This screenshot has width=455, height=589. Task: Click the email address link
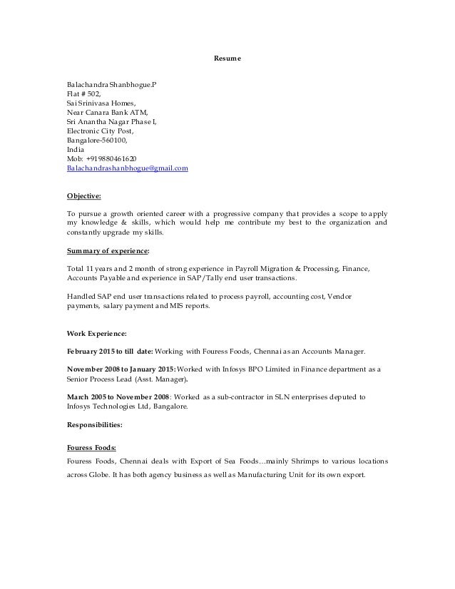pyautogui.click(x=127, y=168)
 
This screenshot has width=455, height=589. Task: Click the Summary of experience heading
pyautogui.click(x=108, y=250)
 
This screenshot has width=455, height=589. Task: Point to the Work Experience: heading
pyautogui.click(x=96, y=333)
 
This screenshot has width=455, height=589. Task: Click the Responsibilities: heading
pyautogui.click(x=94, y=425)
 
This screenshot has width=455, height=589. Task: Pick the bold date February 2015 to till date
pyautogui.click(x=111, y=352)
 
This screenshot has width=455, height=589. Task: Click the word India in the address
pyautogui.click(x=74, y=150)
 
